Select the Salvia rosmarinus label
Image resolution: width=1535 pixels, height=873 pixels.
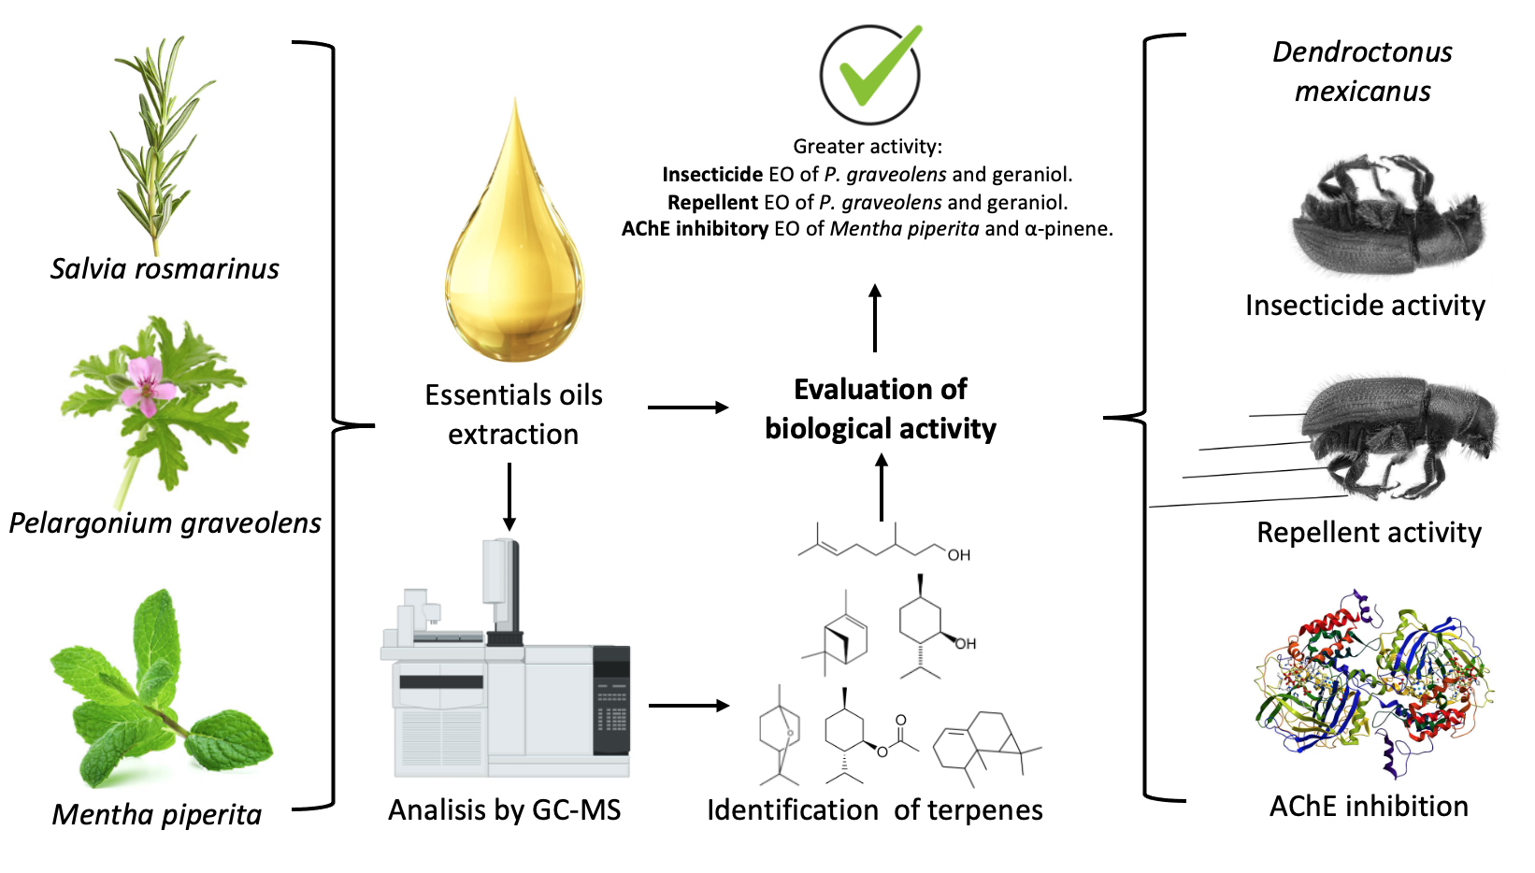point(165,269)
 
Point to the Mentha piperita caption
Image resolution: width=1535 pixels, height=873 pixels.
point(157,814)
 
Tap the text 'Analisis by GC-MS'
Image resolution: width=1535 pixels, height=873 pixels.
point(505,809)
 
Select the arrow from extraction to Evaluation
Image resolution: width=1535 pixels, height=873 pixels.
point(688,408)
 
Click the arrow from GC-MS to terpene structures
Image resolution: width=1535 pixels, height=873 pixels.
point(688,706)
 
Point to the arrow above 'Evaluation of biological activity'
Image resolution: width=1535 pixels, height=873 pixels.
point(875,318)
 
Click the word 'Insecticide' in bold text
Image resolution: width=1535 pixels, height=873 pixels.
point(712,175)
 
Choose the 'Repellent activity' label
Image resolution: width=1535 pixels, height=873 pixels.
point(1369,533)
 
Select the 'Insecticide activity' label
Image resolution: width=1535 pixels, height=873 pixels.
point(1365,306)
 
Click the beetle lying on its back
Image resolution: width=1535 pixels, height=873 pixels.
point(1384,220)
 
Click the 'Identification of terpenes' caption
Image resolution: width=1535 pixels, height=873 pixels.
point(875,809)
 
